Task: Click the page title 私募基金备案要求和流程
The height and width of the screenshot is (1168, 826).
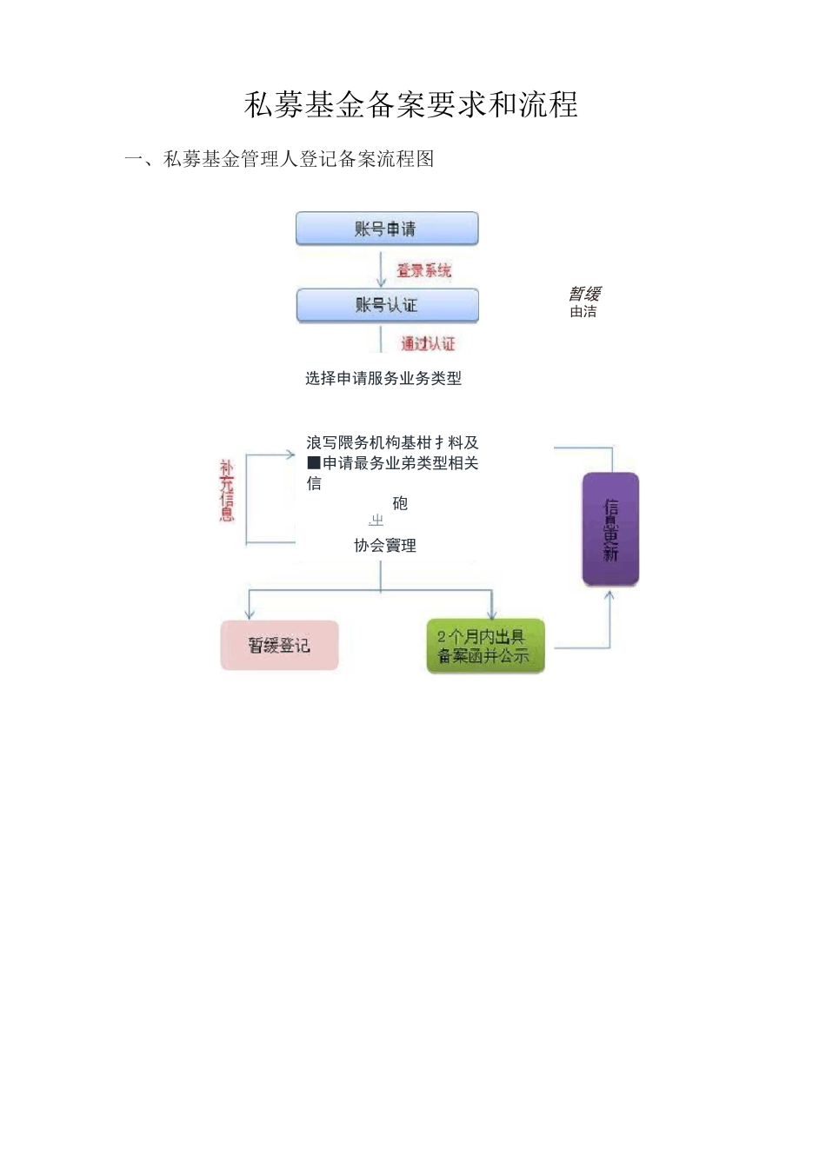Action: coord(411,105)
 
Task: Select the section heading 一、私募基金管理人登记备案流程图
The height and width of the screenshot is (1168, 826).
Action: coord(279,159)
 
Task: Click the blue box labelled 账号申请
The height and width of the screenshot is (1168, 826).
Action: coord(387,229)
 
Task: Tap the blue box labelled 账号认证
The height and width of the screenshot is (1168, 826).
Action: coord(387,305)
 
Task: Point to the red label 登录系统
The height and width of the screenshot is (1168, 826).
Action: coord(424,270)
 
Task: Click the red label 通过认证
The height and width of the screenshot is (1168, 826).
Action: coord(428,343)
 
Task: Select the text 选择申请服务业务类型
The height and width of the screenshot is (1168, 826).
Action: coord(383,378)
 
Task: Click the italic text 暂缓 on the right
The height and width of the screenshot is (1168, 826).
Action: coord(585,294)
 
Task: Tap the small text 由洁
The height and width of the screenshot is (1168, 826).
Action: coord(583,311)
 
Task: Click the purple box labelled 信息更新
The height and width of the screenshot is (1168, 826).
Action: coord(610,529)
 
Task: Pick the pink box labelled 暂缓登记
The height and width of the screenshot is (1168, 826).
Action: coord(279,646)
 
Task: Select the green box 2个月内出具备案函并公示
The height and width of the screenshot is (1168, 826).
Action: coord(485,646)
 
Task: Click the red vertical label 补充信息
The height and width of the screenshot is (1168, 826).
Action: coord(227,491)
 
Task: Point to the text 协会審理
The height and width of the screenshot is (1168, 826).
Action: coord(385,546)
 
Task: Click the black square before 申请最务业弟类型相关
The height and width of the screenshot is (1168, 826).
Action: coord(314,463)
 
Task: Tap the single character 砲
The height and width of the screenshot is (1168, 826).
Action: coord(400,503)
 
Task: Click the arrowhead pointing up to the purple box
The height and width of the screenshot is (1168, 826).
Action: coord(610,595)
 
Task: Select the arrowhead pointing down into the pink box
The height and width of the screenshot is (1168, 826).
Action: coord(250,614)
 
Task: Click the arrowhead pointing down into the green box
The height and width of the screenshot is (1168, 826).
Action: coord(491,614)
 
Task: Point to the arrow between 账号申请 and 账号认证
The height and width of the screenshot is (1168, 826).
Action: coord(381,271)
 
